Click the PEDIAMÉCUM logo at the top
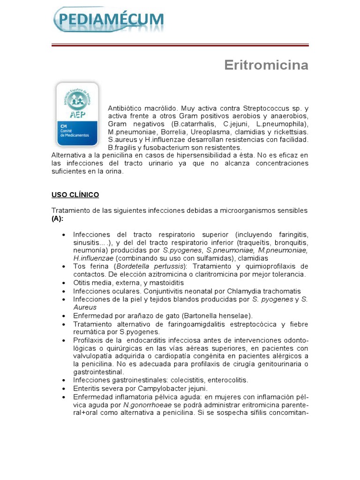[x=109, y=20]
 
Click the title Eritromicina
[x=266, y=65]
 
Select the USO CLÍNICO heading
[x=75, y=195]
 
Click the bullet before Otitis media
[x=63, y=283]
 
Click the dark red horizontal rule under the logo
[x=180, y=45]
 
